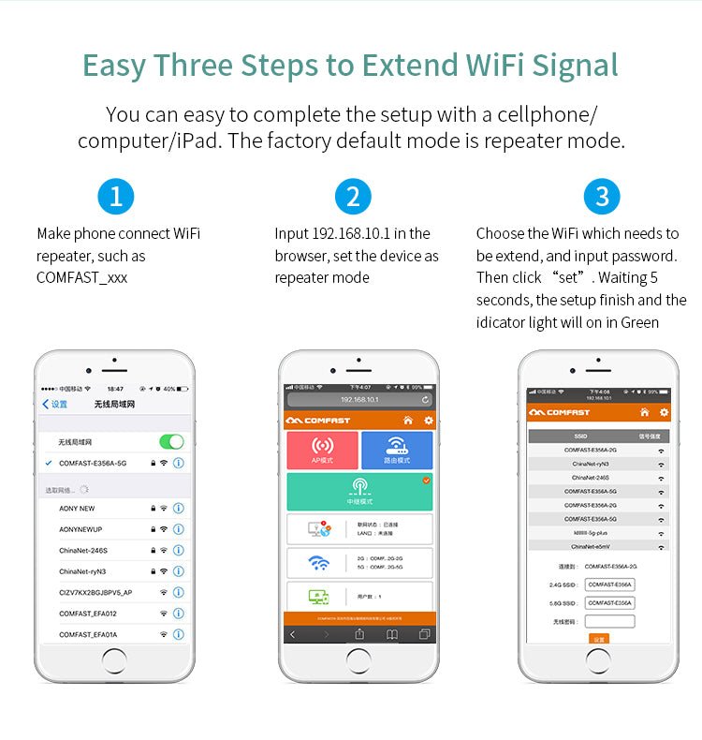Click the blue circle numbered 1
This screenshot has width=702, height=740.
[115, 197]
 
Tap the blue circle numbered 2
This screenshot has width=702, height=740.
[353, 197]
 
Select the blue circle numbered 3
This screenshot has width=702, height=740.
[602, 197]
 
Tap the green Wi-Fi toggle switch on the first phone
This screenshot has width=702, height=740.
[171, 442]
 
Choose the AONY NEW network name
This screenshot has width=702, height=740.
[77, 509]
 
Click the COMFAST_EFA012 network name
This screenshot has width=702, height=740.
[88, 614]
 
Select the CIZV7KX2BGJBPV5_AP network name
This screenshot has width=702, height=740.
[95, 593]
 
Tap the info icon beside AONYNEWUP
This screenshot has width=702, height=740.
[178, 529]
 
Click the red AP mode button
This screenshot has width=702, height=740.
[322, 451]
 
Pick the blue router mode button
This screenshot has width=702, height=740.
[397, 451]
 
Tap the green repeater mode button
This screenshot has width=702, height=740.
[359, 491]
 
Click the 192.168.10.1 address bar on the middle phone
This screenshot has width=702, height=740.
[359, 399]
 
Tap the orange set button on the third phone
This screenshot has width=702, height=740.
[599, 639]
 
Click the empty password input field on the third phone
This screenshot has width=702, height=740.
[609, 621]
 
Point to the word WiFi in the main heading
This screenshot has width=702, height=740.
[496, 67]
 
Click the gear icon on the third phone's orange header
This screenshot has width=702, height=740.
[664, 412]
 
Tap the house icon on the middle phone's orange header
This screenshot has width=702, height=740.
[407, 421]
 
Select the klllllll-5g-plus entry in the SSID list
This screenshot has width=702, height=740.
[591, 532]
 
